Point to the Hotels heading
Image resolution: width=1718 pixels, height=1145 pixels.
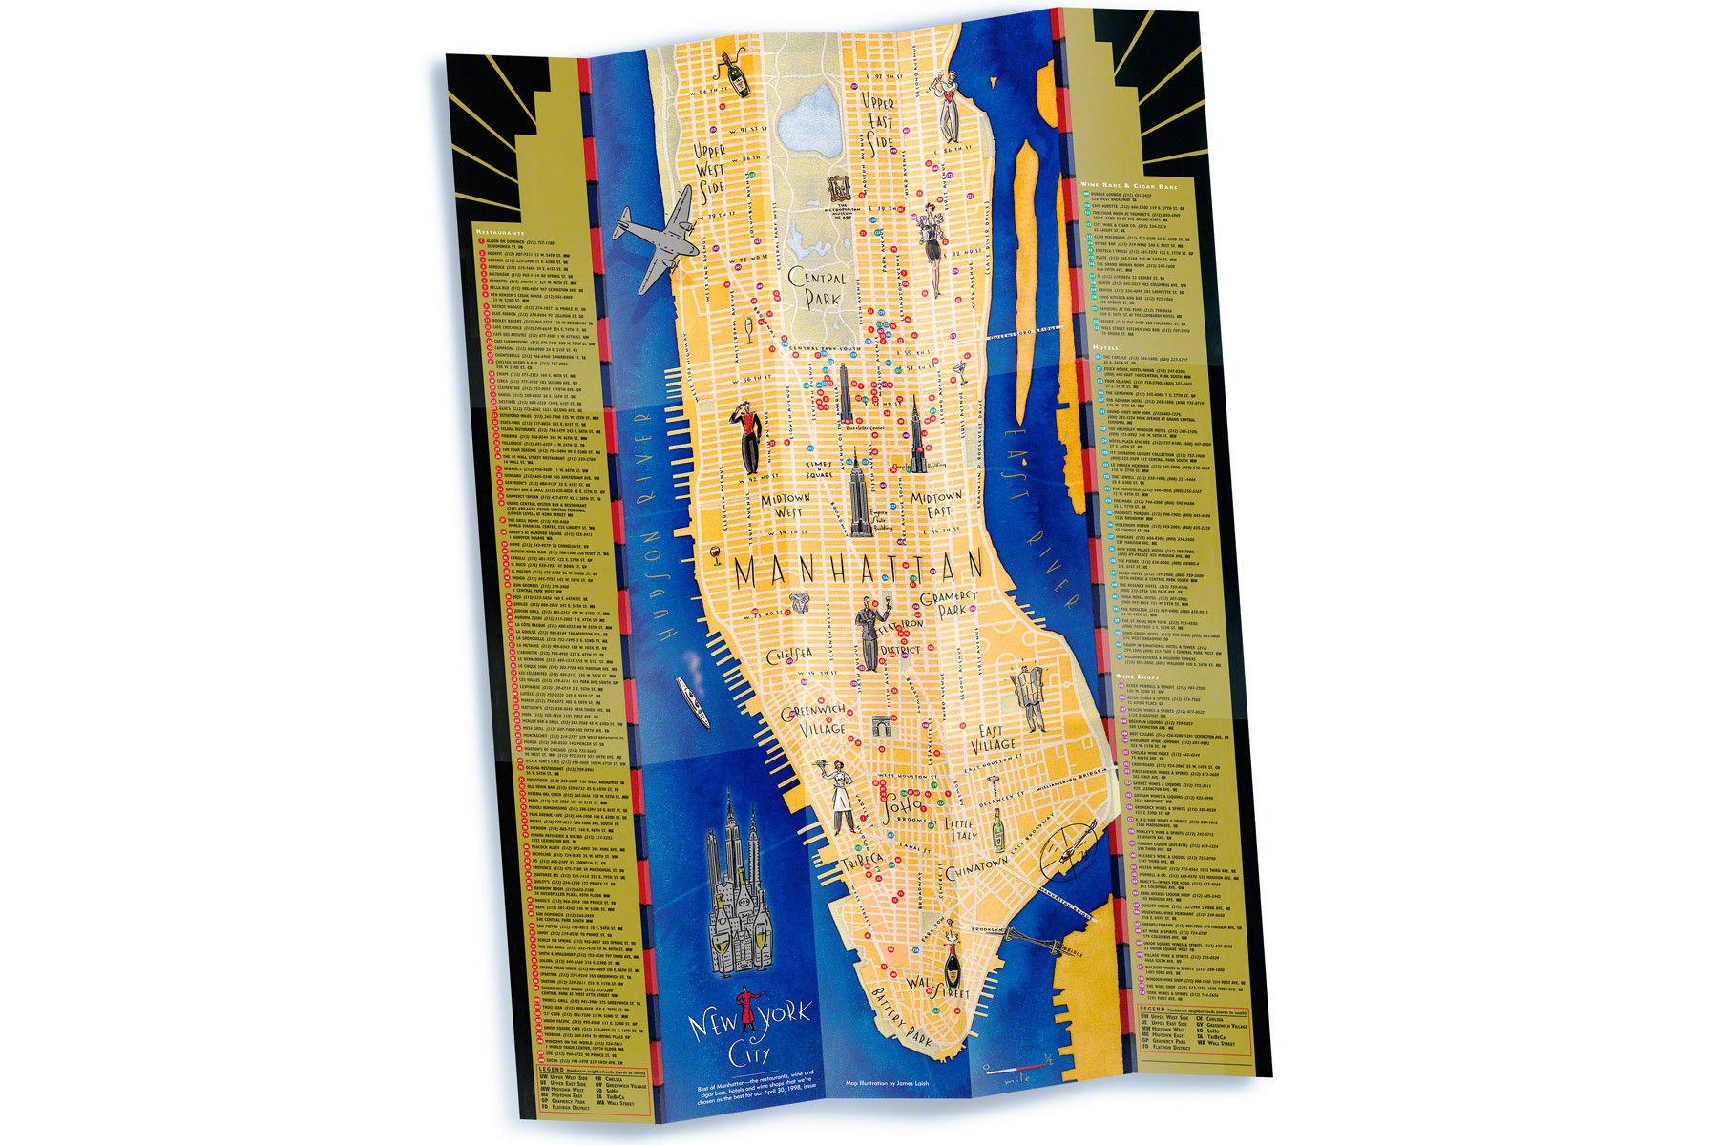(x=1105, y=348)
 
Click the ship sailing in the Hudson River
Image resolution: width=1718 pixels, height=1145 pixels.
(x=690, y=699)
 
